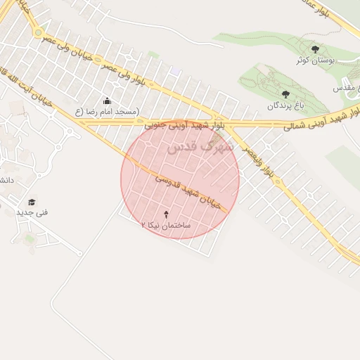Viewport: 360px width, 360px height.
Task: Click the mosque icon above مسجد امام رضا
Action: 107,101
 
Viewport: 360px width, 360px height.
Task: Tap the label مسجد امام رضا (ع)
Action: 107,112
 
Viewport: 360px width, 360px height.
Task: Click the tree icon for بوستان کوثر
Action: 314,49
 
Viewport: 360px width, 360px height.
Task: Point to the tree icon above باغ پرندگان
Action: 285,94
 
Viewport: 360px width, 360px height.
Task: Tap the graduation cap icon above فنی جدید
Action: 32,202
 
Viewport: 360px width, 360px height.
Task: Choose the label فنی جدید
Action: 32,212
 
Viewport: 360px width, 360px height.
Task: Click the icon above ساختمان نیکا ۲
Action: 166,213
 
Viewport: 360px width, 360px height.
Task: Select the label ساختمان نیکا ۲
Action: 166,225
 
